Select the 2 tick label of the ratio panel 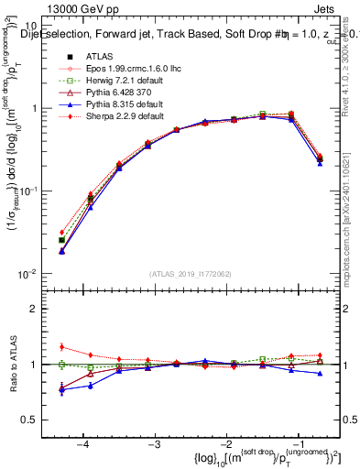click(42, 309)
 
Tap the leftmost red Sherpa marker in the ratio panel click(61, 346)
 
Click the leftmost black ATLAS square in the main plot click(61, 240)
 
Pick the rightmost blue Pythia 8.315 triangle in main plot click(320, 162)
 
